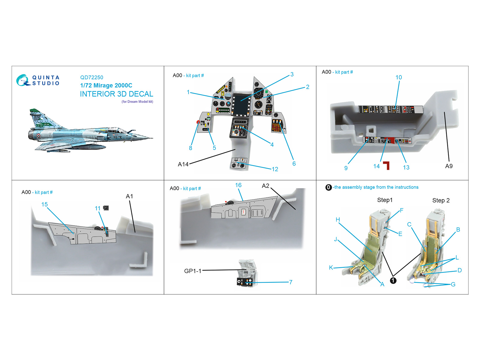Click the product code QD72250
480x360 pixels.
tap(91, 77)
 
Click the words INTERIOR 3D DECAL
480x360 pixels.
tap(117, 94)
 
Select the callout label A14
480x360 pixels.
tap(183, 164)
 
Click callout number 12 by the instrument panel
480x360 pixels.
tap(275, 169)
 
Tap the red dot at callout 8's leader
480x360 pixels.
tap(198, 122)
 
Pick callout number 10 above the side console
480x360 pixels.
tap(399, 77)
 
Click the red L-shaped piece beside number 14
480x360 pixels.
tap(387, 166)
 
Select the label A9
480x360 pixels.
tap(449, 166)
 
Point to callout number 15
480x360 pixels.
tap(44, 204)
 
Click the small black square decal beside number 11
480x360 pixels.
tap(106, 208)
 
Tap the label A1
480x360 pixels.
tap(130, 196)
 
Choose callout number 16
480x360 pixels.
tap(238, 185)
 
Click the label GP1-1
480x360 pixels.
tap(193, 271)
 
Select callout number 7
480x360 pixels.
tap(291, 282)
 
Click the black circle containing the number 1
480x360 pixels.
tap(393, 281)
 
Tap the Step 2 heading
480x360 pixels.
tap(441, 200)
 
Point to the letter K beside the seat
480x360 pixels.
tap(331, 268)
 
